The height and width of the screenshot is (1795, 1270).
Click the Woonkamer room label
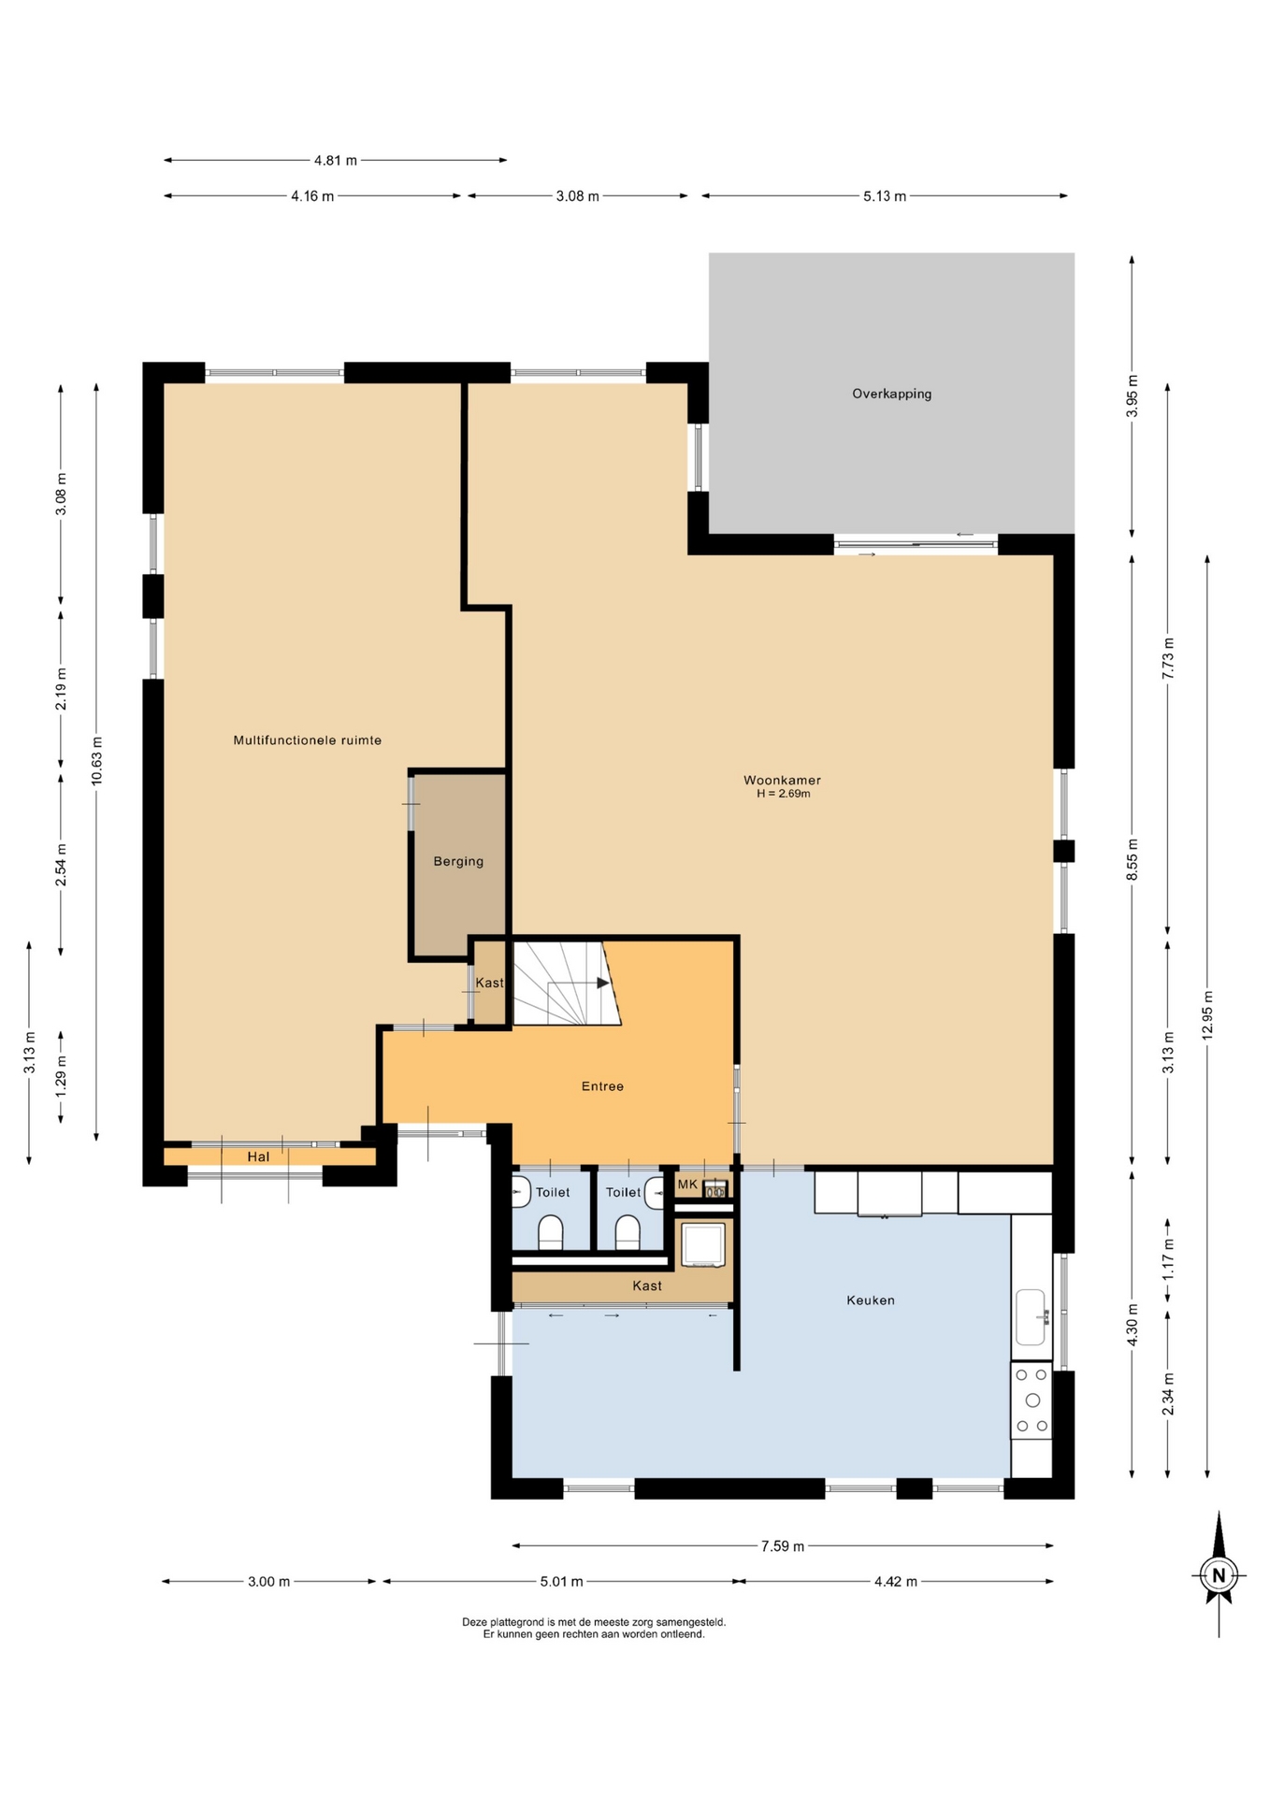click(782, 780)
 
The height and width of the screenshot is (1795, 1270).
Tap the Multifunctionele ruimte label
click(308, 740)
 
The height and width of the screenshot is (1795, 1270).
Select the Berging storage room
click(458, 861)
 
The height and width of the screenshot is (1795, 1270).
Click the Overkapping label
click(891, 394)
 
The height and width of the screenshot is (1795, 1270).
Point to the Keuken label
click(871, 1300)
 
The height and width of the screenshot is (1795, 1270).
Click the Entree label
click(602, 1086)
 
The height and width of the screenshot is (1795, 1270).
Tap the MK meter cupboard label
click(687, 1185)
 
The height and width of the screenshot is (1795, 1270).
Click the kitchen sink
click(1031, 1317)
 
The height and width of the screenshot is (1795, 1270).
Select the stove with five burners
click(1032, 1400)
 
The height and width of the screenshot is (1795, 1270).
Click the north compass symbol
click(1219, 1573)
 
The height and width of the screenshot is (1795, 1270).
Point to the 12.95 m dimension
click(1207, 1014)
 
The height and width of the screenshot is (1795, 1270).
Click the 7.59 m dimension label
click(783, 1546)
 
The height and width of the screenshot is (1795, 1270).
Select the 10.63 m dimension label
click(97, 762)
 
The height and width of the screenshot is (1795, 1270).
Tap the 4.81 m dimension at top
click(336, 160)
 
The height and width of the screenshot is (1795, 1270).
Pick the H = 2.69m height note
click(784, 794)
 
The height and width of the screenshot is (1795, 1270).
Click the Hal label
click(258, 1156)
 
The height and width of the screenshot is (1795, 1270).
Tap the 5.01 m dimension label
click(561, 1582)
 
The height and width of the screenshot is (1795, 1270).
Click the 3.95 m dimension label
click(1133, 395)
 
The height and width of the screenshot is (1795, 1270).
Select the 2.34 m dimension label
click(1168, 1394)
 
